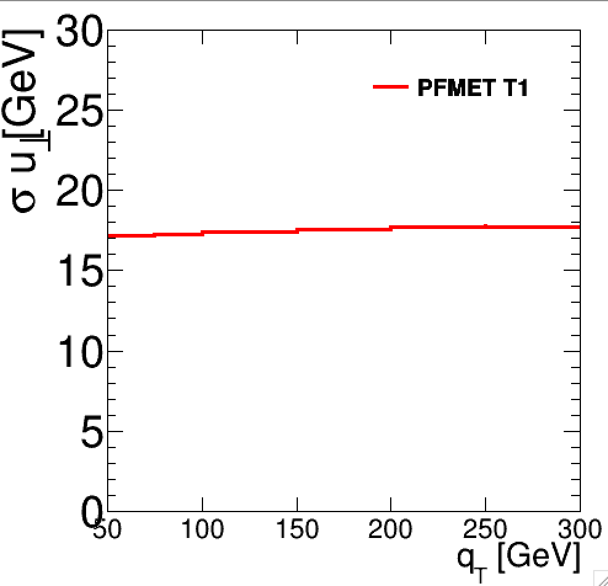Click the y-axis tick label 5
pyautogui.click(x=91, y=431)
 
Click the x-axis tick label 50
pyautogui.click(x=108, y=529)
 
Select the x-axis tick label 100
pyautogui.click(x=203, y=529)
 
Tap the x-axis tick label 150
pyautogui.click(x=298, y=529)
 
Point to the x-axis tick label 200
pyautogui.click(x=392, y=529)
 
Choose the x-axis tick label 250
pyautogui.click(x=486, y=529)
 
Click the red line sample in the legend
pyautogui.click(x=390, y=87)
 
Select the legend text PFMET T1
pyautogui.click(x=472, y=89)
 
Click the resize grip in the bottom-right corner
pyautogui.click(x=601, y=579)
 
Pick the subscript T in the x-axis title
pyautogui.click(x=481, y=574)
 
